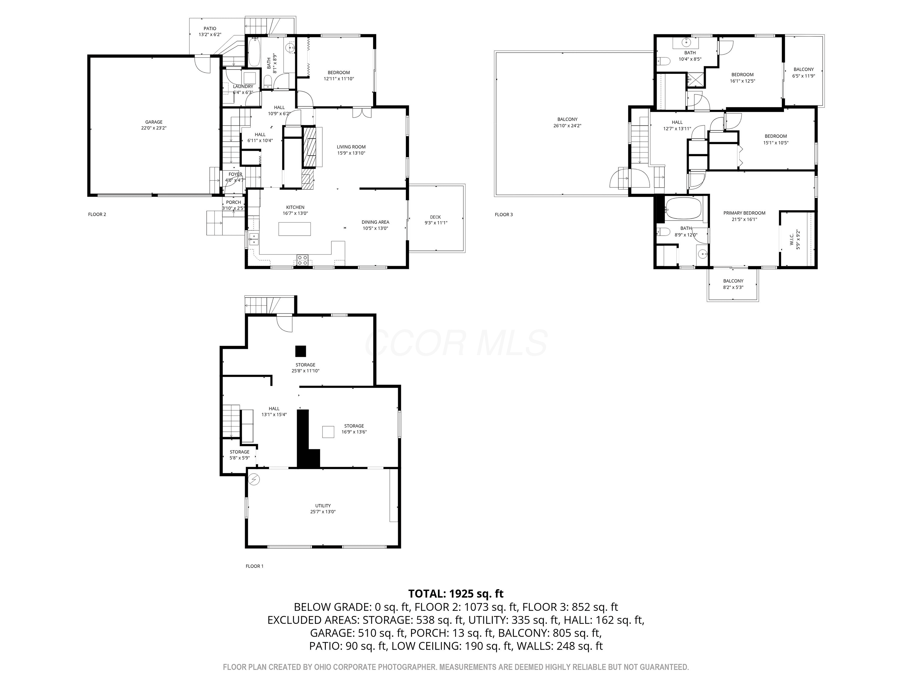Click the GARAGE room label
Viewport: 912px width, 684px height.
click(x=154, y=122)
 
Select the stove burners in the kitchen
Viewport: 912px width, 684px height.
click(x=302, y=260)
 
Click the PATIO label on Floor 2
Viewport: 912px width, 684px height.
click(x=210, y=29)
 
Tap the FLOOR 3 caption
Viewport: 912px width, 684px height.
click(x=504, y=214)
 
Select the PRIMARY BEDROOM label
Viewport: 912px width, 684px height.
click(x=744, y=213)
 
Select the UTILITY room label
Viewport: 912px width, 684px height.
click(x=323, y=506)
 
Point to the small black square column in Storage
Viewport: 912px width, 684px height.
click(x=301, y=351)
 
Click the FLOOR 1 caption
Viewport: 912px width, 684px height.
click(x=254, y=566)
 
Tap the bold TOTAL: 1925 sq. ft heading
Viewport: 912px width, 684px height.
click(x=456, y=594)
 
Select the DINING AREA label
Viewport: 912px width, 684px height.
click(x=375, y=222)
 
